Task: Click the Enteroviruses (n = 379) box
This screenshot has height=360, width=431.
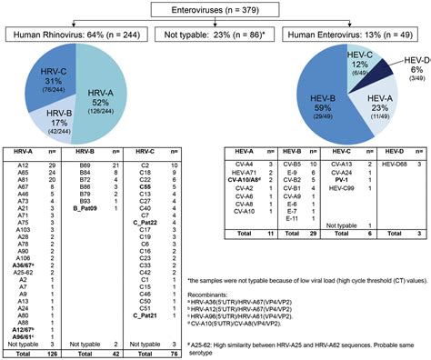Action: click(215, 10)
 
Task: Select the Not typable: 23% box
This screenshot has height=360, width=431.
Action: click(215, 35)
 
